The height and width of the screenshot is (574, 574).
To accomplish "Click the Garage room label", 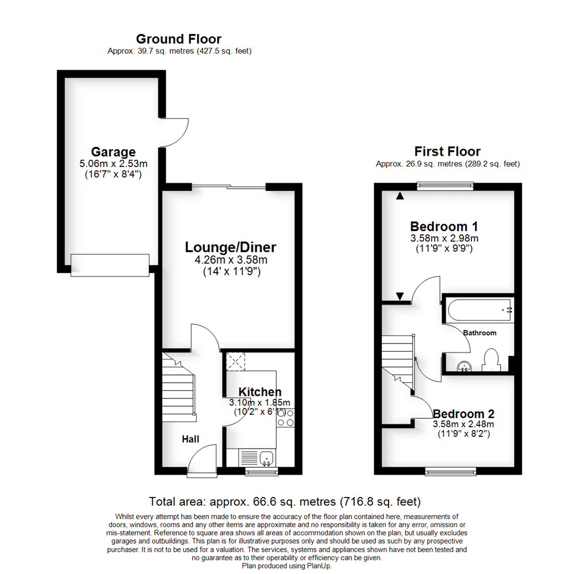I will [x=113, y=151].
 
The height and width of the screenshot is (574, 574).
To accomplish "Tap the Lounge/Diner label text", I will [x=231, y=247].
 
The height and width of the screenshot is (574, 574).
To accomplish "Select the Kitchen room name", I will [x=259, y=392].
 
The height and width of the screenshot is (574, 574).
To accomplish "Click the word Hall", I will [x=190, y=439].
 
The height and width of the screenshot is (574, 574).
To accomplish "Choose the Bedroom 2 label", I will [x=463, y=413].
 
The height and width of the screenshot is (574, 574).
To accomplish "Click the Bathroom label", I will [x=479, y=333].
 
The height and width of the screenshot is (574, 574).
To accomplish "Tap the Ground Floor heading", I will [x=179, y=39].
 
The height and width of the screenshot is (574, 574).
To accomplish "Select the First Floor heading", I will [x=448, y=151].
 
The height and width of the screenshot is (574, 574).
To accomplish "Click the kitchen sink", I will [x=266, y=457].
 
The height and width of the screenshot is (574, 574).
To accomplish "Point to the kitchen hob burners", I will [x=285, y=418].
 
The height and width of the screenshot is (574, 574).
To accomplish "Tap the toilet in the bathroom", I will [x=489, y=360].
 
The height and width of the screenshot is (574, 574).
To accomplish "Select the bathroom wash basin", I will [x=465, y=365].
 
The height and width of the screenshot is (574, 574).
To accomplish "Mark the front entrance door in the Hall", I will [x=202, y=459].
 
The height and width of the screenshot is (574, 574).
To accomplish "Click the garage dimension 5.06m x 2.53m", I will [x=113, y=164].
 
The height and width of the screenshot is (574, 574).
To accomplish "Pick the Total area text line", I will [x=285, y=501].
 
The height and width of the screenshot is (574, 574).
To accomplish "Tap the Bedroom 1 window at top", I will [x=444, y=185].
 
